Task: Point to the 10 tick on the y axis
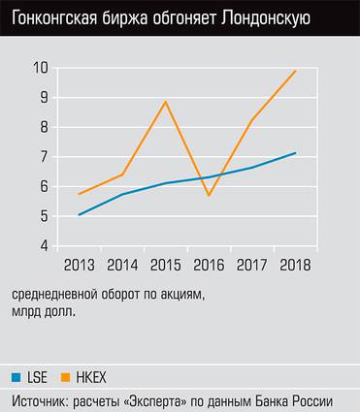coord(40,68)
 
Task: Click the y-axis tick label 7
coord(44,157)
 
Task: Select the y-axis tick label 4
coord(44,246)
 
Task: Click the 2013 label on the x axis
coord(79,265)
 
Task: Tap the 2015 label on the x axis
coord(166,265)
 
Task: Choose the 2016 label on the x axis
coord(209,265)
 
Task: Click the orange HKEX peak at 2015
coord(166,102)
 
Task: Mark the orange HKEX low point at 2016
coord(209,196)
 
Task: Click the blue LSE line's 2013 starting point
coord(79,215)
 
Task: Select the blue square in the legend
coord(16,374)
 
